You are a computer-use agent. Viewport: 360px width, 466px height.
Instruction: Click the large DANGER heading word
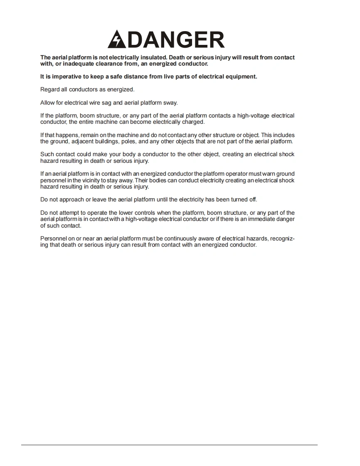tap(175, 40)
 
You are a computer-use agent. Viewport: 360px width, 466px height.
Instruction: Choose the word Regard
tap(49, 89)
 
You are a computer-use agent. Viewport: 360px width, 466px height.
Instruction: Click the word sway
tap(170, 103)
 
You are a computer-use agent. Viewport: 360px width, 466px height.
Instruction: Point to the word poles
tap(128, 141)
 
